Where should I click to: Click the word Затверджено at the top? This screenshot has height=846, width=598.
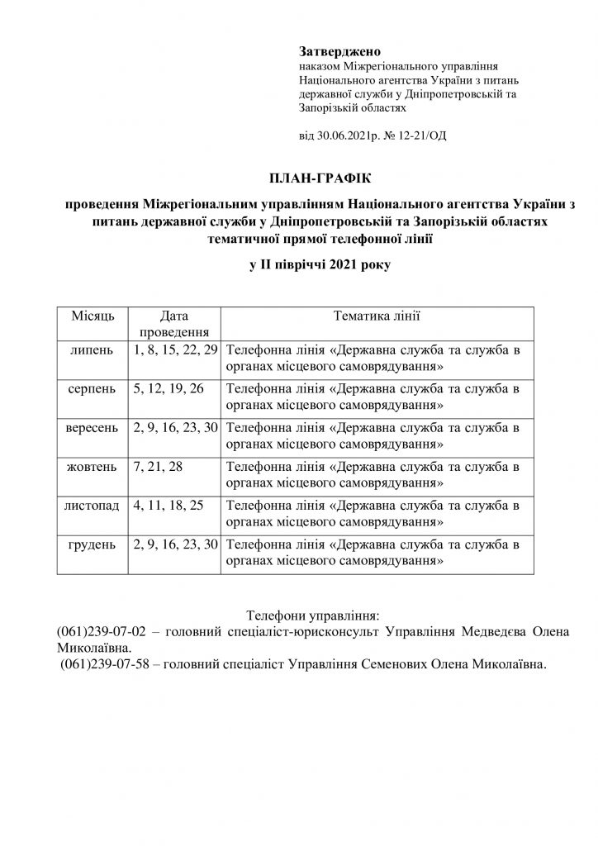(334, 52)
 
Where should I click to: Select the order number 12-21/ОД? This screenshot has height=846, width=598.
(420, 135)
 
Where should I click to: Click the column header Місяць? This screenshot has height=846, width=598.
(92, 315)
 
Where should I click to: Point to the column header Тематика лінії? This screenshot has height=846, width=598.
(377, 315)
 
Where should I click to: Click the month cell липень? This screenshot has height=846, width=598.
(92, 349)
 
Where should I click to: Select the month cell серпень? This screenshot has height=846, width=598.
(92, 388)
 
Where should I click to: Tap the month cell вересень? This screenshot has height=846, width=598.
(92, 427)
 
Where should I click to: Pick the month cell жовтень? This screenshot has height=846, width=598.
(92, 466)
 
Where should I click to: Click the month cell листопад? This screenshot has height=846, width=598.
(92, 505)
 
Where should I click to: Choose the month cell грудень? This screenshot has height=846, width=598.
(92, 544)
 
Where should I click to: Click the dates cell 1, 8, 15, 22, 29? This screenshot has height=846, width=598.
(174, 349)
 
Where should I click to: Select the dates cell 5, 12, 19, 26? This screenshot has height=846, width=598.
(168, 388)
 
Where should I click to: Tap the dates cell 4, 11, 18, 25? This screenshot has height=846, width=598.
(168, 505)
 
